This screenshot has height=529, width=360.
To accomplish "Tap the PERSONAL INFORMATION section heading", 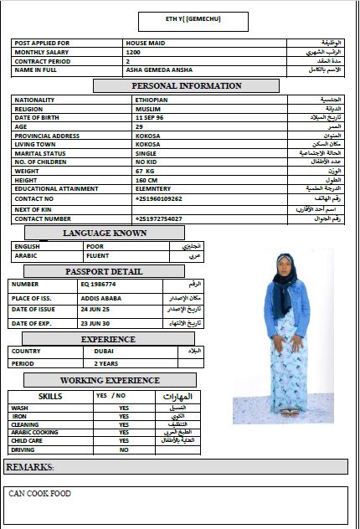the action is pyautogui.click(x=186, y=85).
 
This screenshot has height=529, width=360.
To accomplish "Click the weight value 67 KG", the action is pyautogui.click(x=145, y=171).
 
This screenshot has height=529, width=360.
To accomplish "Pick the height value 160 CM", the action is pyautogui.click(x=146, y=180).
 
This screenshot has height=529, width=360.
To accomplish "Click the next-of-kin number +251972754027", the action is pyautogui.click(x=158, y=218).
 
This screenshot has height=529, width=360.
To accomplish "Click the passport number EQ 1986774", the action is pyautogui.click(x=97, y=285).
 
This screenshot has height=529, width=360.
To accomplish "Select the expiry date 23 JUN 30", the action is pyautogui.click(x=95, y=323).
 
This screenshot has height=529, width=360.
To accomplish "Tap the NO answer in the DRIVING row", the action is pyautogui.click(x=124, y=449).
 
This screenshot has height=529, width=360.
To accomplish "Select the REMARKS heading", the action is pyautogui.click(x=31, y=466).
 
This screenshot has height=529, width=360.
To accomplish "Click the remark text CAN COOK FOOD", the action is pyautogui.click(x=40, y=494).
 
